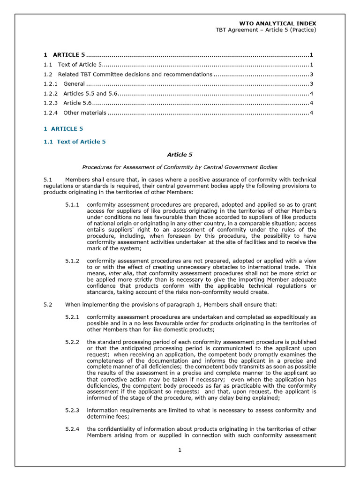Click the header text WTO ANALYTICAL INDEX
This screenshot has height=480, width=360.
click(x=277, y=23)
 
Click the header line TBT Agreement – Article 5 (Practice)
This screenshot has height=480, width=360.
click(x=266, y=30)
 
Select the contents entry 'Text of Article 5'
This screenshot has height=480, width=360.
click(x=79, y=65)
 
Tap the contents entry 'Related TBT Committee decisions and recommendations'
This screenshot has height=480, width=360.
click(x=135, y=74)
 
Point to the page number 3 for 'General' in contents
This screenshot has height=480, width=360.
click(x=311, y=84)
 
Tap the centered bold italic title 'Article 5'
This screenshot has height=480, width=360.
click(x=180, y=154)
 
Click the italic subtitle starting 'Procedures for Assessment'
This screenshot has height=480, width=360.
click(x=180, y=167)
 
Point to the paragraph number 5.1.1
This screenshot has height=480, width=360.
click(x=72, y=205)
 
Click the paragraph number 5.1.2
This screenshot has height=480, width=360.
click(x=72, y=260)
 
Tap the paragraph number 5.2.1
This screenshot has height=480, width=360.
click(x=72, y=317)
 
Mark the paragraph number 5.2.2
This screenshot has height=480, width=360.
click(x=72, y=342)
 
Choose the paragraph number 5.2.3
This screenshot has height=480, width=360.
click(x=72, y=410)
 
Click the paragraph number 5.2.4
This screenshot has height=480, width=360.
click(x=72, y=429)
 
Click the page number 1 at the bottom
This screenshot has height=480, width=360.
click(x=180, y=450)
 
